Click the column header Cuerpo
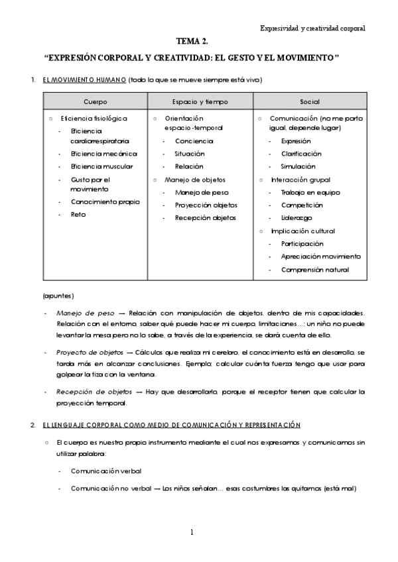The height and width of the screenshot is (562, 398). pyautogui.click(x=95, y=102)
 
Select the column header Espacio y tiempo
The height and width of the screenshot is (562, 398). pyautogui.click(x=200, y=102)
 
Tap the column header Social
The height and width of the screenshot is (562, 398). pyautogui.click(x=309, y=102)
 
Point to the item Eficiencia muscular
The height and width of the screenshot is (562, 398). pyautogui.click(x=101, y=166)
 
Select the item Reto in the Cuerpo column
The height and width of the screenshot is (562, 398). pyautogui.click(x=78, y=215)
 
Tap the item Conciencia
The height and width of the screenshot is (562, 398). pyautogui.click(x=194, y=141)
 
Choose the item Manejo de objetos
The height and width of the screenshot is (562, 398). pyautogui.click(x=194, y=180)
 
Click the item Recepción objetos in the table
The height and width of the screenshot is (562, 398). pyautogui.click(x=206, y=218)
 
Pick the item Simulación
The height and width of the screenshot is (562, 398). pyautogui.click(x=298, y=166)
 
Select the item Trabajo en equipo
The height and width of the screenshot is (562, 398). pyautogui.click(x=310, y=192)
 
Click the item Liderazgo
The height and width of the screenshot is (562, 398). pyautogui.click(x=297, y=218)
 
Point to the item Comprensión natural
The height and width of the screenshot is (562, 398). pyautogui.click(x=314, y=270)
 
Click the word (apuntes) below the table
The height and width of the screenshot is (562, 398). pyautogui.click(x=58, y=295)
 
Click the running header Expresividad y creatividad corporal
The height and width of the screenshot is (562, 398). pyautogui.click(x=312, y=28)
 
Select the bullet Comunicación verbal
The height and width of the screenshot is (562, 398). pyautogui.click(x=105, y=471)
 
